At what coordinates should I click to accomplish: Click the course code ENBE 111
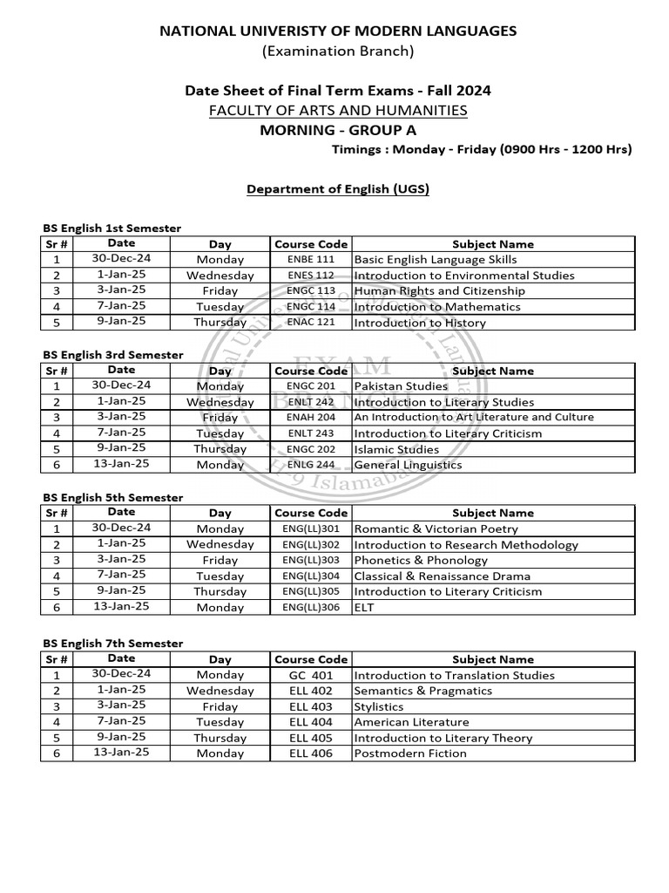pyautogui.click(x=310, y=260)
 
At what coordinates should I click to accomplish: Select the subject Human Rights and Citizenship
pyautogui.click(x=439, y=291)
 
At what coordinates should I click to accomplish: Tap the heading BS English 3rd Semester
pyautogui.click(x=113, y=355)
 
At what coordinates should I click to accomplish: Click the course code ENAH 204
pyautogui.click(x=310, y=418)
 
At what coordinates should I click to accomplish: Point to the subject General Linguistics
pyautogui.click(x=408, y=465)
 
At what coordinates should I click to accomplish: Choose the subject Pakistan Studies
pyautogui.click(x=401, y=386)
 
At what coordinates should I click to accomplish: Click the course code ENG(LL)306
pyautogui.click(x=311, y=607)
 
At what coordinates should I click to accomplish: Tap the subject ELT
pyautogui.click(x=363, y=607)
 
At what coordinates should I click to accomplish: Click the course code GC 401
pyautogui.click(x=311, y=675)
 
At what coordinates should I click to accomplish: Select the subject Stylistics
pyautogui.click(x=379, y=706)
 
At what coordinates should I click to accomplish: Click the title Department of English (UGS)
pyautogui.click(x=338, y=188)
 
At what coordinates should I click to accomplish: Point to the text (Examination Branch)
pyautogui.click(x=338, y=51)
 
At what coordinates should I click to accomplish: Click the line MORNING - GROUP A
pyautogui.click(x=338, y=131)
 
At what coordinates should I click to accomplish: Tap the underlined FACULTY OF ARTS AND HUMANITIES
pyautogui.click(x=338, y=110)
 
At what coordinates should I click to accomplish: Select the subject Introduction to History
pyautogui.click(x=420, y=323)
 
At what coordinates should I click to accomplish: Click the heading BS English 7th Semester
pyautogui.click(x=113, y=644)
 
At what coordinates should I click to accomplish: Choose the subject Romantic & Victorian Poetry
pyautogui.click(x=436, y=528)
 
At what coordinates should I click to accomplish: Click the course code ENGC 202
pyautogui.click(x=310, y=449)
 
